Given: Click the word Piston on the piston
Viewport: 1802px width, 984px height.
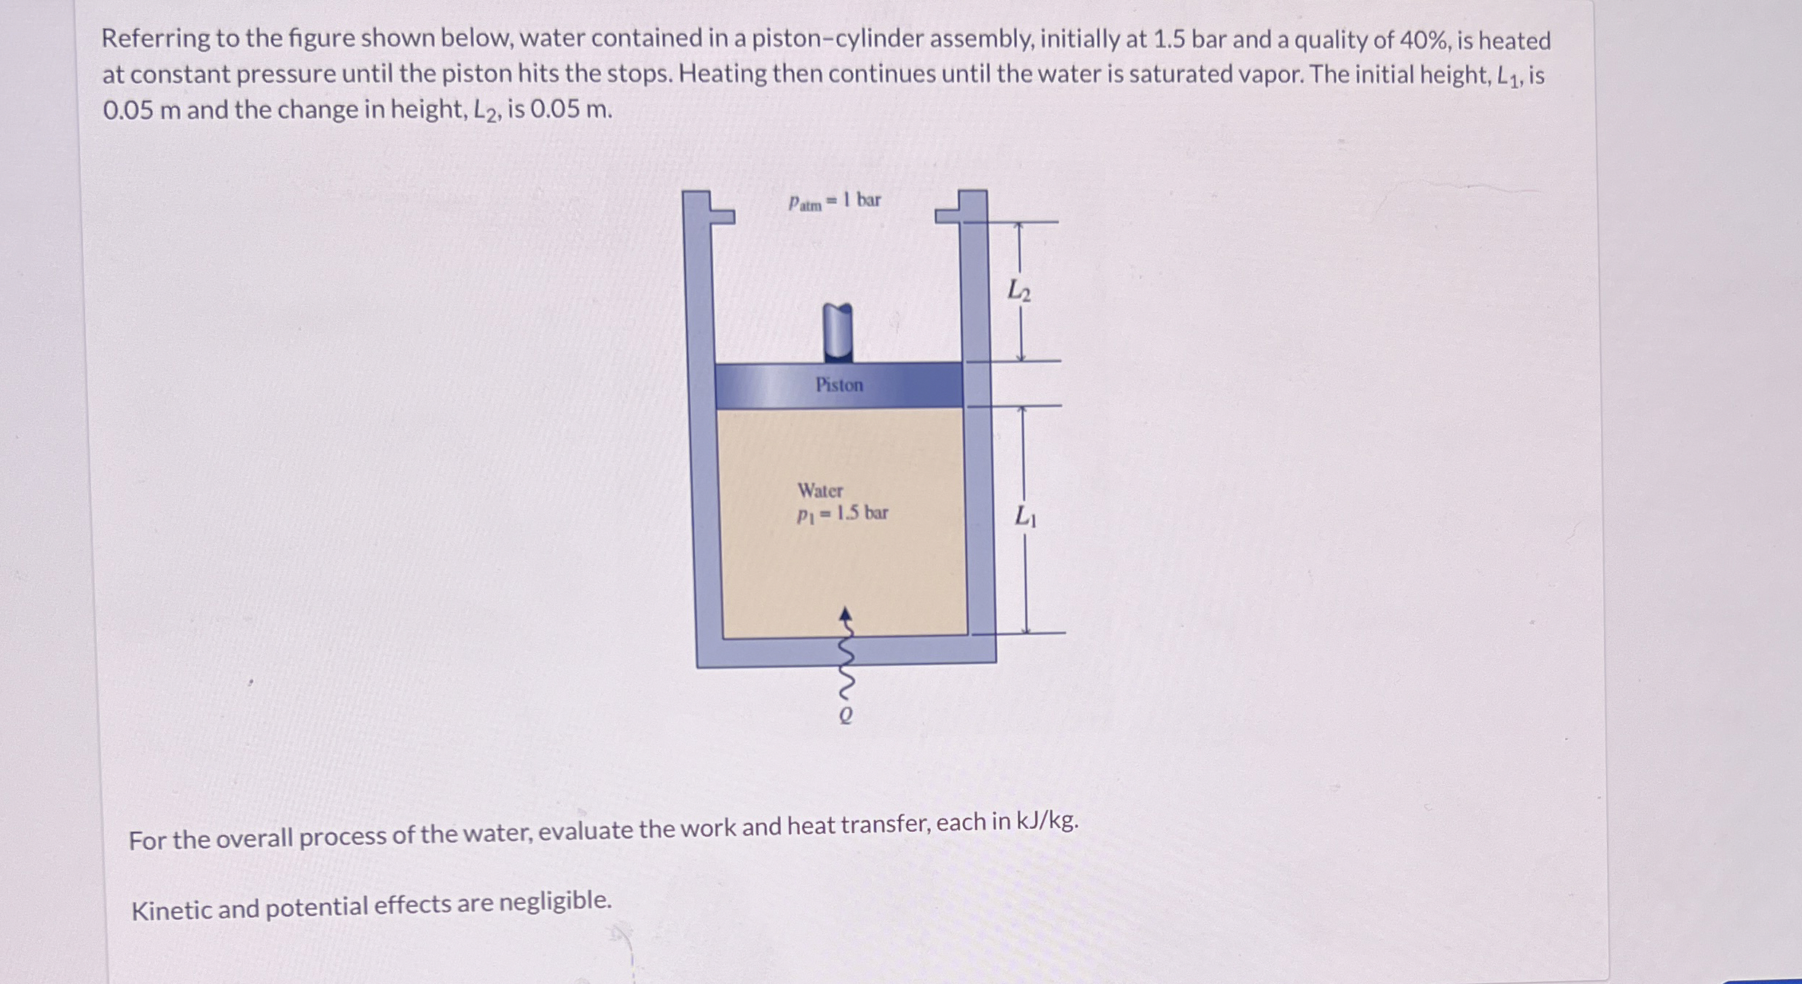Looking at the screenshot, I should point(838,385).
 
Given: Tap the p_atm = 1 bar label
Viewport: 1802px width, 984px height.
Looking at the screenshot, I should point(834,201).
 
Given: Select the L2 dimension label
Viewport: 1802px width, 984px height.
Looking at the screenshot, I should point(1018,291).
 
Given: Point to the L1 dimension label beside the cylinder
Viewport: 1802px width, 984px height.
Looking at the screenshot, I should point(1026,516).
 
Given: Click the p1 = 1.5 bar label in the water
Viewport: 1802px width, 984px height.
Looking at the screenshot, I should point(842,513).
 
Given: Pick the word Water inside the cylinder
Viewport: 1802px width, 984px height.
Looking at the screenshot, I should point(820,490).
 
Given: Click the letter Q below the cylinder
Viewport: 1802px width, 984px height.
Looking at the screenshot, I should point(845,716).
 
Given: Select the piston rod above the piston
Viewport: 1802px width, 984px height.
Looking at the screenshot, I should point(838,332).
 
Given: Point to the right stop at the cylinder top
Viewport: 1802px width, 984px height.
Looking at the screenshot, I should point(949,215).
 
